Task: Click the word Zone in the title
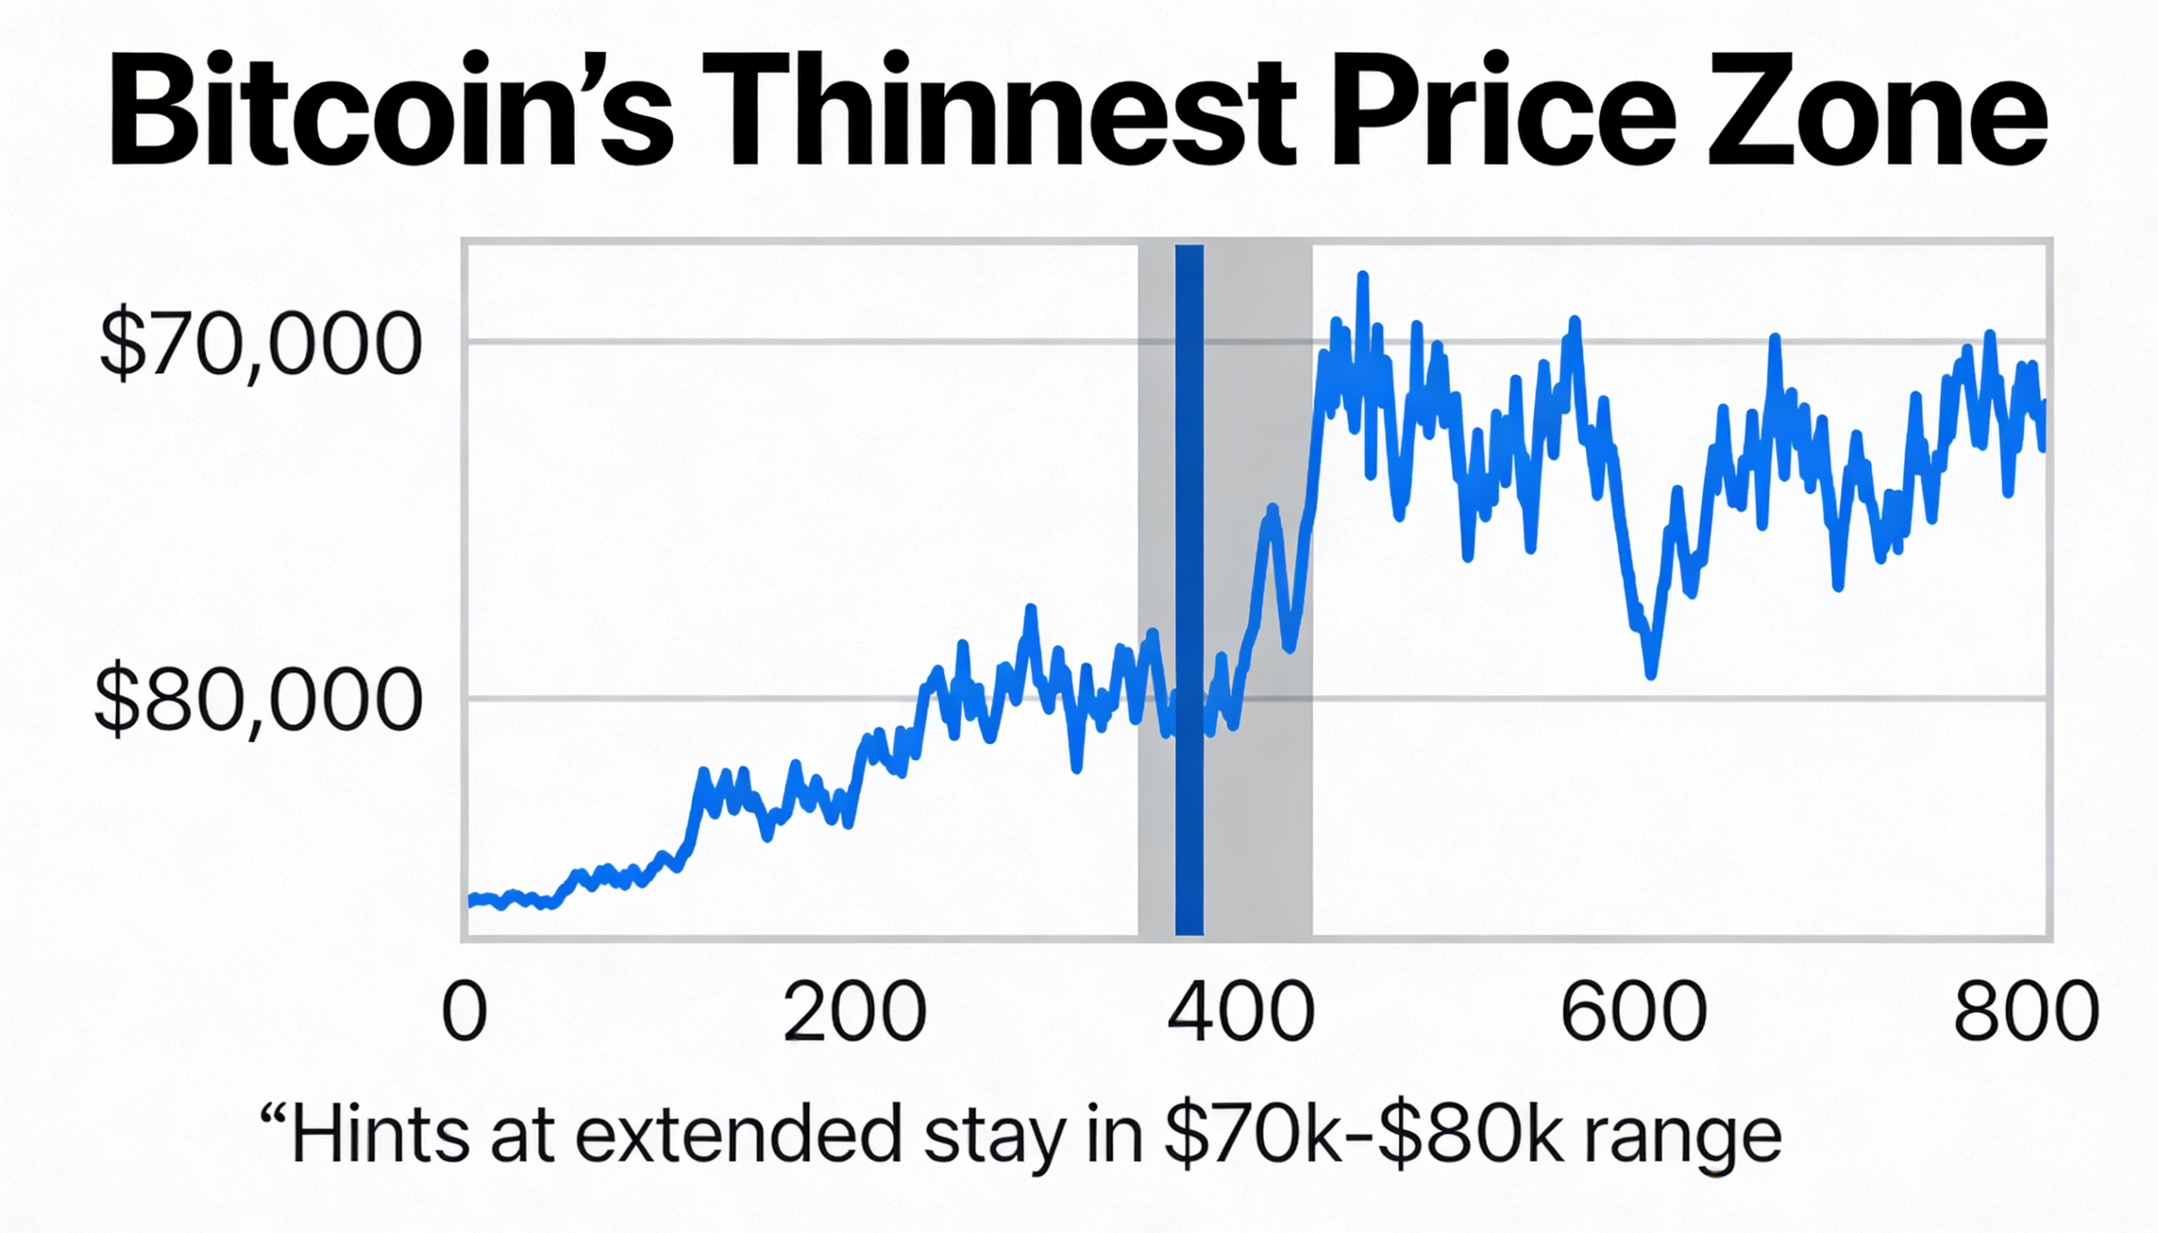(x=1876, y=110)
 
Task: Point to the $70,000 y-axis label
(x=259, y=345)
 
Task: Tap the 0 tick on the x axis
(x=465, y=1013)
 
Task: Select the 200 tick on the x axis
(x=854, y=1013)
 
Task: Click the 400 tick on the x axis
(x=1241, y=1013)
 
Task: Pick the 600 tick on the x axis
(x=1633, y=1013)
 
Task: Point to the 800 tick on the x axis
(x=2026, y=1013)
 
